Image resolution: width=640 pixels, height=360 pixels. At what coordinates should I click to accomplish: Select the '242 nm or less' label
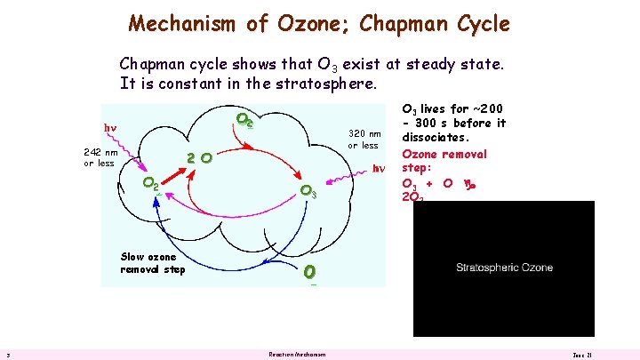click(100, 157)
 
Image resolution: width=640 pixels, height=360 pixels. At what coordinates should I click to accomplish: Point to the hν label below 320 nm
click(378, 168)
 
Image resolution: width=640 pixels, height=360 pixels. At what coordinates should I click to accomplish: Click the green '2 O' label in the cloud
click(198, 158)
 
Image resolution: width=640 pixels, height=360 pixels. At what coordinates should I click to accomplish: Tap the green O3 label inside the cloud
click(308, 190)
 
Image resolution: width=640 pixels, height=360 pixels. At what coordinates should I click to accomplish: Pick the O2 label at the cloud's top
click(244, 120)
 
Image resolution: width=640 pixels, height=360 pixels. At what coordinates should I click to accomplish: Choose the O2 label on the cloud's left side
click(152, 184)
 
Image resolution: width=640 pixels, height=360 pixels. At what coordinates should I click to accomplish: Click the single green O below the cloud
click(309, 270)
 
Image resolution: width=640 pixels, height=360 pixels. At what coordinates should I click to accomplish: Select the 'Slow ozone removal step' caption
click(154, 263)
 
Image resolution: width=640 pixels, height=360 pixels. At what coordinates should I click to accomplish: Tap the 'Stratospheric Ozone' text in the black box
click(504, 268)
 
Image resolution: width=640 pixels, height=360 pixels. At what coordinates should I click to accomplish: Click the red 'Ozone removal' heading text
click(444, 154)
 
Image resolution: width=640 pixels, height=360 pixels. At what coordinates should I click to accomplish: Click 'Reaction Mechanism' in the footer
click(297, 355)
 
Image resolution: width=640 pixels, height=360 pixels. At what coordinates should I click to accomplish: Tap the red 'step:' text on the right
click(417, 168)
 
